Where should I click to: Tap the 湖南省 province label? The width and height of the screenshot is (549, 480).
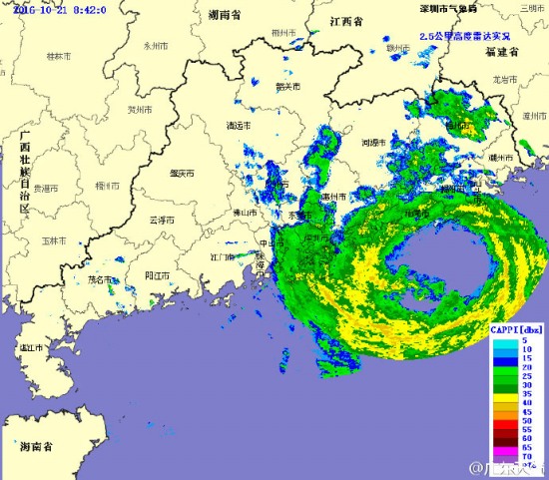[228, 16]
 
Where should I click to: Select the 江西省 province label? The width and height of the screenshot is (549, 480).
[350, 20]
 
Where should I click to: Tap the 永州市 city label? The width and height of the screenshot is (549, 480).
[155, 45]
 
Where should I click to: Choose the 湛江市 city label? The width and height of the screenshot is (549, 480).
[31, 349]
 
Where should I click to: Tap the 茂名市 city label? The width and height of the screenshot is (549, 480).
[101, 280]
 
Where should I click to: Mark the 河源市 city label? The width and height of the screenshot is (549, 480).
[373, 143]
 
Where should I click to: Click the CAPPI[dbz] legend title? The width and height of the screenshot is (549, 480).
[516, 327]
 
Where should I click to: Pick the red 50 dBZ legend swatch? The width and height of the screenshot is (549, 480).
[502, 423]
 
